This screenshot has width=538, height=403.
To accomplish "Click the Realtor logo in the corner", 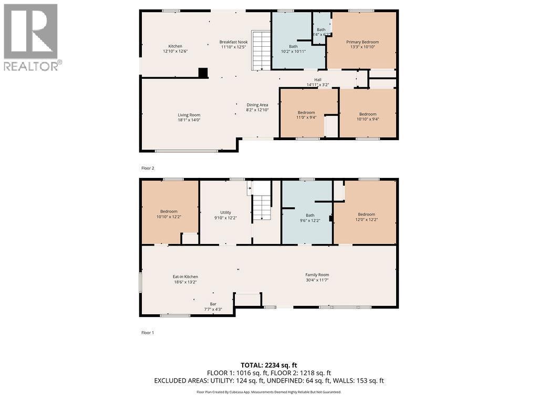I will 32,37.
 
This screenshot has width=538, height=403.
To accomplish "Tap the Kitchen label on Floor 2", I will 175,46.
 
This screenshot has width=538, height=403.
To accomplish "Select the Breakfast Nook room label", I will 233,42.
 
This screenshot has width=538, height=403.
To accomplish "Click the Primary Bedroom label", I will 362,42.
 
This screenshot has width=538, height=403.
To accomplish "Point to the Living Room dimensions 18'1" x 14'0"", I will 189,120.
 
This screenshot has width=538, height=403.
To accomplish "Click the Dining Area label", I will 257,104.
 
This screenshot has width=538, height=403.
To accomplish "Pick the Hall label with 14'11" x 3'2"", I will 317,80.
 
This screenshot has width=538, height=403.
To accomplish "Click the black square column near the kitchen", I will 203,73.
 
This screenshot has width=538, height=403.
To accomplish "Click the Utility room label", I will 225,213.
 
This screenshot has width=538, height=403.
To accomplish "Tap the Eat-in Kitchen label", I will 185,277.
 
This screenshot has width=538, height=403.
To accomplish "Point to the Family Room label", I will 317,274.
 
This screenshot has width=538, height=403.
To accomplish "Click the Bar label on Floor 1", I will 213,304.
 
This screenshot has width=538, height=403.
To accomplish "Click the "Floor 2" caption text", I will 148,168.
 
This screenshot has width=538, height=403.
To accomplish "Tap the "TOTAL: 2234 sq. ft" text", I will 268,365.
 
